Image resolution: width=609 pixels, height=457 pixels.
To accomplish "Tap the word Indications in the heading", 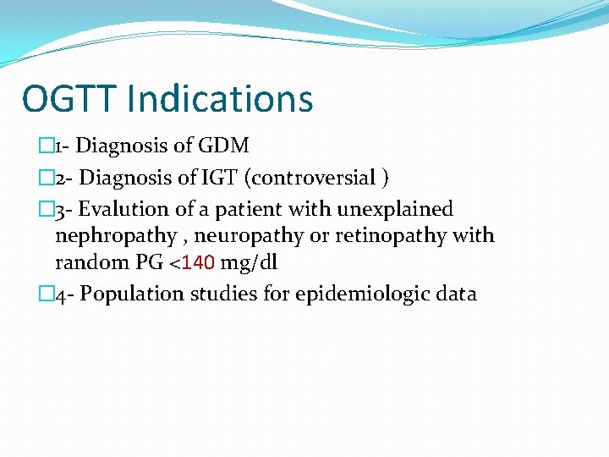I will tap(221, 99).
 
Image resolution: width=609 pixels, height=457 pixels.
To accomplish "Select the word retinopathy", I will tap(388, 236).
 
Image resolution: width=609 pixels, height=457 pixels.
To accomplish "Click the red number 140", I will tap(199, 262).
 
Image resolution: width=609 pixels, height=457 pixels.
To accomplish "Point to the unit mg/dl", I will tap(249, 262).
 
